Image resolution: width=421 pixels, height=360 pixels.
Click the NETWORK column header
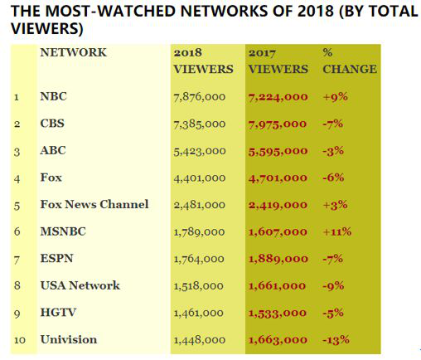(73, 52)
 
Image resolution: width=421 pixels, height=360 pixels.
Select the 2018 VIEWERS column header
(203, 61)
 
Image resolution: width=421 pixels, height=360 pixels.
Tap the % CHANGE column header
(350, 61)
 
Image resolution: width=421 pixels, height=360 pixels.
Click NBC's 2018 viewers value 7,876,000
(200, 97)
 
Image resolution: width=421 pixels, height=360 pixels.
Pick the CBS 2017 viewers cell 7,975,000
(278, 124)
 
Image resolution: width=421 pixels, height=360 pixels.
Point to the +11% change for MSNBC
(337, 231)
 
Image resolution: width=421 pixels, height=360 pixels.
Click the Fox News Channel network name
(94, 204)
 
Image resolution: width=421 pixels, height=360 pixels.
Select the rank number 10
(20, 340)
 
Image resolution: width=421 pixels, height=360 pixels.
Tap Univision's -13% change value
(336, 339)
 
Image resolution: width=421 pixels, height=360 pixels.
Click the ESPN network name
(56, 258)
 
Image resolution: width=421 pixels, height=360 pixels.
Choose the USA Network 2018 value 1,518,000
(199, 285)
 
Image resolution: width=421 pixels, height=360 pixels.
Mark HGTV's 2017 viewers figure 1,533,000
(278, 313)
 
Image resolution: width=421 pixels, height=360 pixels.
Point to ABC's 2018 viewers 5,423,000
(200, 151)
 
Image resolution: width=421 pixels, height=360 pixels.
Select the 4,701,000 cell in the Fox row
(278, 178)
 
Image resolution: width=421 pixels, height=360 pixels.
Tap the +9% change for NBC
(335, 97)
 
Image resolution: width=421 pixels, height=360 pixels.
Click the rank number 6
(17, 231)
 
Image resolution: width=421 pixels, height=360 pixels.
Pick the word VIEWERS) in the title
(47, 29)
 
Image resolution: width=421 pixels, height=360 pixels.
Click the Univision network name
(69, 339)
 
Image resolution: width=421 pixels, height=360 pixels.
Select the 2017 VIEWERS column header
(278, 61)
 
